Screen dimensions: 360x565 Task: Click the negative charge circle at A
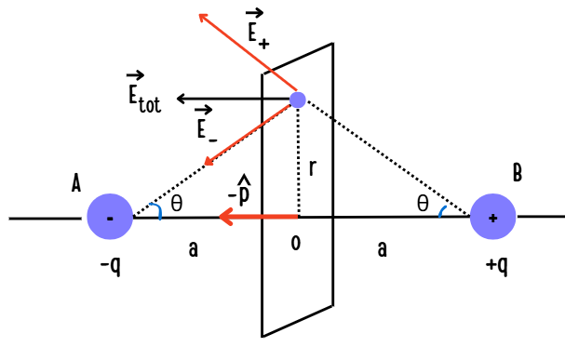(x=111, y=218)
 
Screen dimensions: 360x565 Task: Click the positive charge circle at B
(x=493, y=218)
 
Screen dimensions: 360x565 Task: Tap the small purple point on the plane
(x=298, y=99)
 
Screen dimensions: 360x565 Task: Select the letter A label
(x=75, y=185)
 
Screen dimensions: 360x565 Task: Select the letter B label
(x=517, y=172)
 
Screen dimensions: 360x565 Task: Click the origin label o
(x=296, y=243)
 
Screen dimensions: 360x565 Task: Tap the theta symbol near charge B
(x=423, y=206)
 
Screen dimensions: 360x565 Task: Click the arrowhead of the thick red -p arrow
(x=224, y=218)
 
